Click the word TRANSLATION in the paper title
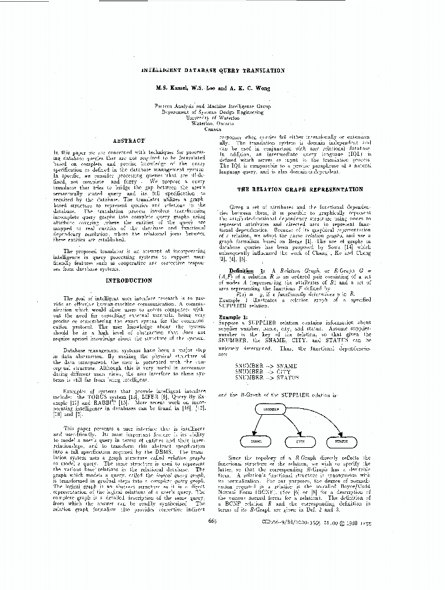[x=261, y=70]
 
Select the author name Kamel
[x=179, y=88]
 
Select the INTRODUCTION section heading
[x=128, y=280]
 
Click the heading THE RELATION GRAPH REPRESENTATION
[x=299, y=189]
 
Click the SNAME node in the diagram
[x=256, y=441]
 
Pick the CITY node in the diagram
[x=299, y=441]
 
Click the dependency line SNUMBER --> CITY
[x=266, y=372]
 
